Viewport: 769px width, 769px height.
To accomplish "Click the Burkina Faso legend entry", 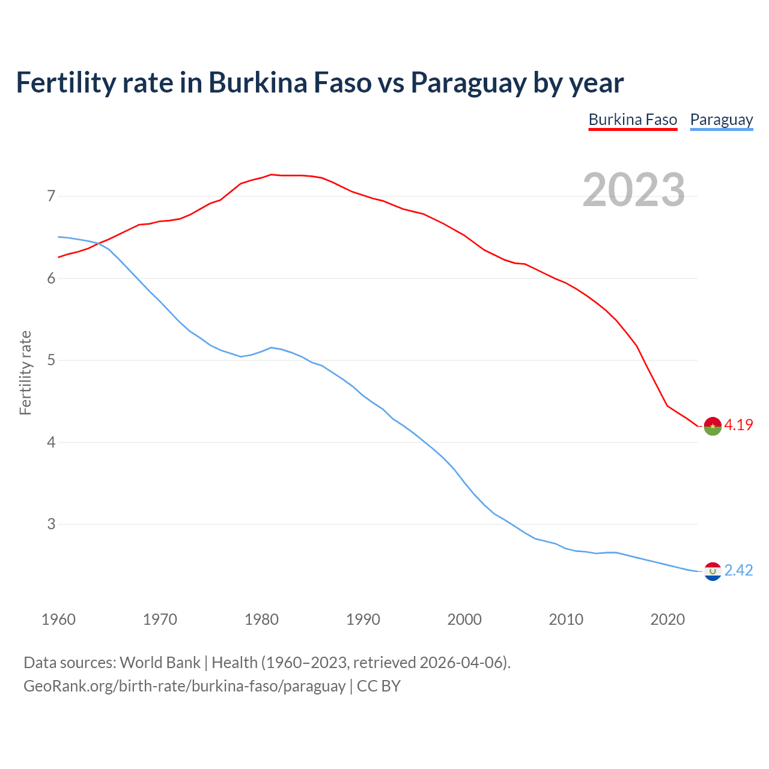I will [633, 120].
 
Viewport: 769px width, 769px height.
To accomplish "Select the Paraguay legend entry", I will [721, 120].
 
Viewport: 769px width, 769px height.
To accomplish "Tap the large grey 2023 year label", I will [634, 190].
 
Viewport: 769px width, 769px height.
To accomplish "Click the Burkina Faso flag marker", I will [712, 426].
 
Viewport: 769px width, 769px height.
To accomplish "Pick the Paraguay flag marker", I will [712, 571].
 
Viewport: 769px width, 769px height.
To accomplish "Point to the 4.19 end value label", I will [738, 425].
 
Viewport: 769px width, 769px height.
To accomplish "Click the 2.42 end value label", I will [738, 570].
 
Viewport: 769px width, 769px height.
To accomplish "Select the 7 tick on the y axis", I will [50, 196].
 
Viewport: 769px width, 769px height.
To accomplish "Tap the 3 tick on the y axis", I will [50, 524].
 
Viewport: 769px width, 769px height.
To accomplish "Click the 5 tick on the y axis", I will [50, 360].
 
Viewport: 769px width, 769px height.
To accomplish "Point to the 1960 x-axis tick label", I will [58, 619].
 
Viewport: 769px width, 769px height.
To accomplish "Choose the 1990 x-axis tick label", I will [363, 619].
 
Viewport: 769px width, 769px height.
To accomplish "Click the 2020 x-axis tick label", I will [667, 619].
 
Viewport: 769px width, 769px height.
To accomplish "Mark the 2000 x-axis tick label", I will [464, 619].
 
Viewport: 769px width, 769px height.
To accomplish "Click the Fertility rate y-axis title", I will [25, 372].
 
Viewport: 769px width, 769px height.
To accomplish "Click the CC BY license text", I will [378, 686].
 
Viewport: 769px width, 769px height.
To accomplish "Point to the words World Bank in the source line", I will [160, 663].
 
